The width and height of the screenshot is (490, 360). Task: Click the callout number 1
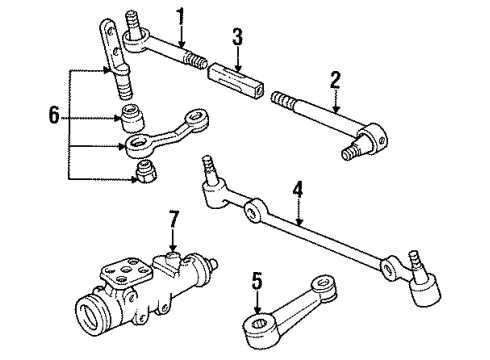(180, 16)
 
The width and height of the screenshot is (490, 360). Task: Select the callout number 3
(237, 39)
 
